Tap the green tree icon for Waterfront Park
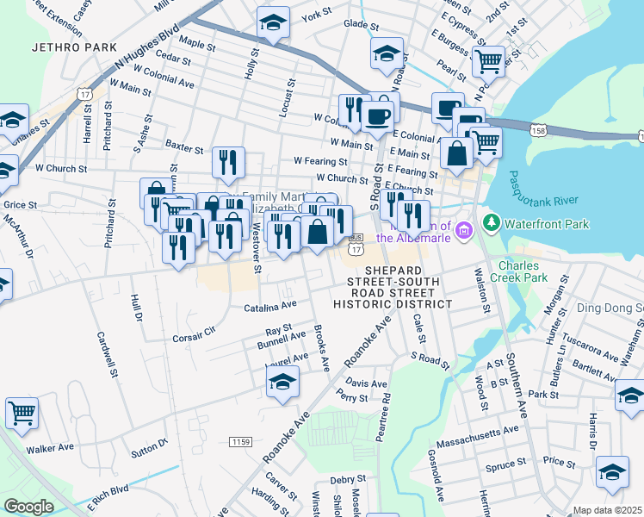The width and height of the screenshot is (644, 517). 492,223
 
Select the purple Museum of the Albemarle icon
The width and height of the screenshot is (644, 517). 465,230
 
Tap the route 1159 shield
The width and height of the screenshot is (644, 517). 241,442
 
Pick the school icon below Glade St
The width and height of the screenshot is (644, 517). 387,53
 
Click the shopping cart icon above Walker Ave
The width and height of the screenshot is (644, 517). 22,412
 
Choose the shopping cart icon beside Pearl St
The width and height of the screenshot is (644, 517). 488,61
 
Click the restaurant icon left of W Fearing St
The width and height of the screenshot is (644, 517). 228,161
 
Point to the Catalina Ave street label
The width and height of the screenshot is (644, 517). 269,306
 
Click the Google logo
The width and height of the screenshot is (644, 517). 28,507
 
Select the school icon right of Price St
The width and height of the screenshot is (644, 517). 612,471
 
